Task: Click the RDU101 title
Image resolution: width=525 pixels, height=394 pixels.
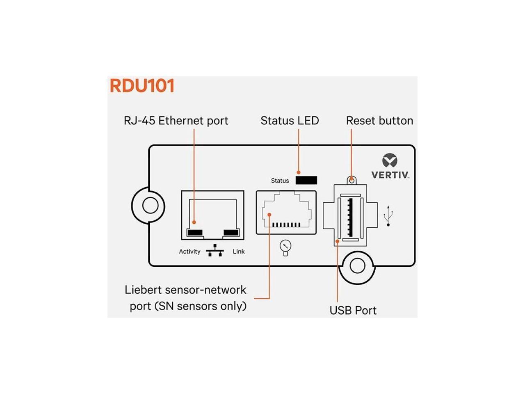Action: pos(142,86)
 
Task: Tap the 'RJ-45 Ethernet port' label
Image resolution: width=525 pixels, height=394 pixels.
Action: pos(176,121)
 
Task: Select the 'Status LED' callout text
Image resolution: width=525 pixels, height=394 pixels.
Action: pos(290,121)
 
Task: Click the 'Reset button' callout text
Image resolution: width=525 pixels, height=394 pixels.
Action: pos(379,121)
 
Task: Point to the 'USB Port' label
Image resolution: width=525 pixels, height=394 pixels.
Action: pos(353,310)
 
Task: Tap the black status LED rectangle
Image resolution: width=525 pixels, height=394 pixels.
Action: pos(306,180)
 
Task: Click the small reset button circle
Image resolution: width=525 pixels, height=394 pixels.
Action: pos(351,179)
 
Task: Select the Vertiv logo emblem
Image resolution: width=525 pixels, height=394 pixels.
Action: pos(390,160)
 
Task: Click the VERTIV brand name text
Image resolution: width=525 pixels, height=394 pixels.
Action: pos(390,175)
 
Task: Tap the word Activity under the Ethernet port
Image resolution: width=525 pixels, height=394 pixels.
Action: pos(189,252)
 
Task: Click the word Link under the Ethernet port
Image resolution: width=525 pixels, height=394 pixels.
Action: pos(239,252)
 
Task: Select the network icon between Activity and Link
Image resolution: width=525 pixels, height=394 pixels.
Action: pos(215,250)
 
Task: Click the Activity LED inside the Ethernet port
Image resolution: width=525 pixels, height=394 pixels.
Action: pos(194,233)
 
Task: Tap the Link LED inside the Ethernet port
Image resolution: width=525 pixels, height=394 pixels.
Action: pos(231,233)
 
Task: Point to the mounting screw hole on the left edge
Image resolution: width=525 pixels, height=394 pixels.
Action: pos(150,205)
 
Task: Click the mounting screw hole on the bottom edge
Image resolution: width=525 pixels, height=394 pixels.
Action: pos(357,266)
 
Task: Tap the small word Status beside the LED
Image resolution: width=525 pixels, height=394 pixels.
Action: pos(280,181)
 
